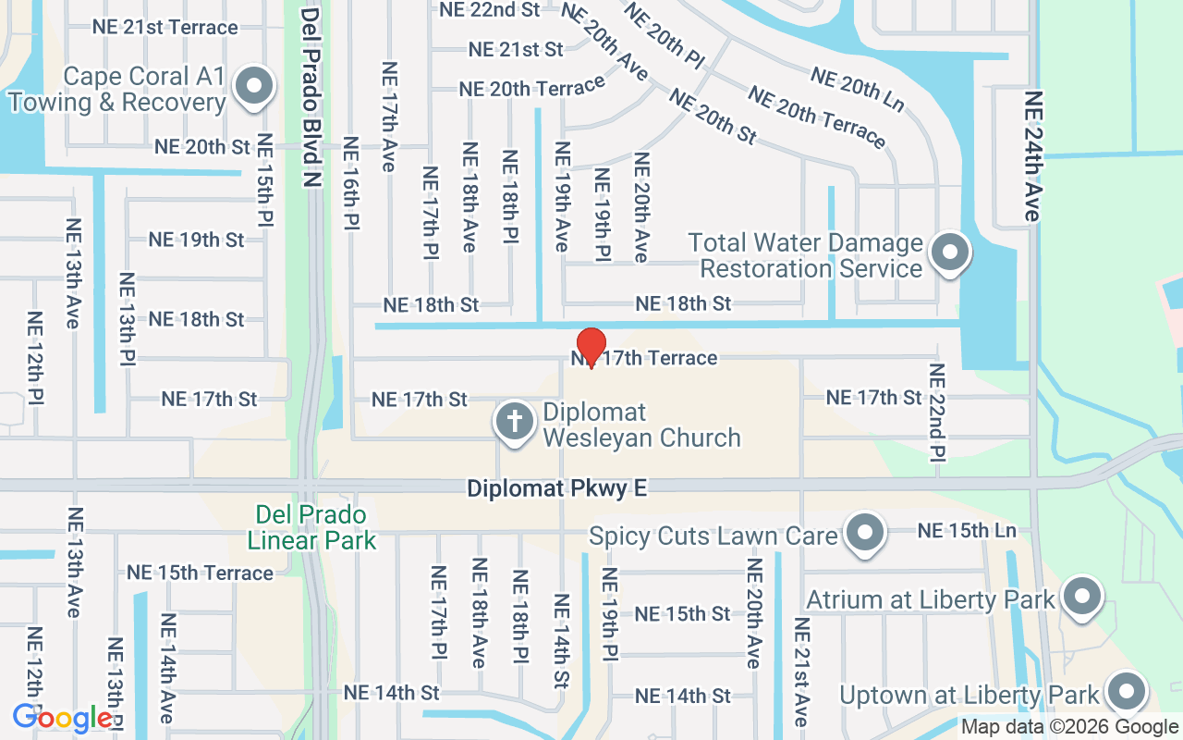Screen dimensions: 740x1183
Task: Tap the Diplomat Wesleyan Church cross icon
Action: tap(515, 423)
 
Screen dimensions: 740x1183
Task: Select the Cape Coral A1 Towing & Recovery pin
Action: tap(253, 88)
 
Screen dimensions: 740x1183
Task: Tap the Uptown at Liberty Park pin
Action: tap(1126, 693)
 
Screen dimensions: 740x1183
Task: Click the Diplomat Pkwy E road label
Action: tap(556, 487)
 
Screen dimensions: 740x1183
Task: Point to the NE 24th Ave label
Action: tap(1033, 155)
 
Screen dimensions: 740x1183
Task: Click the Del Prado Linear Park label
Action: tap(311, 527)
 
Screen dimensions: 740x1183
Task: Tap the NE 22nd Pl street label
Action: tap(937, 412)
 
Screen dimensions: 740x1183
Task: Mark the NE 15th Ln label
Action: tap(966, 531)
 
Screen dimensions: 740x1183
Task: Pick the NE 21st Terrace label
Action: tap(165, 27)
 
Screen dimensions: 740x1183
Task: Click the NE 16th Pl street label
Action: tap(350, 182)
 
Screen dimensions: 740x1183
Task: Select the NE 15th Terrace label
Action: tap(200, 573)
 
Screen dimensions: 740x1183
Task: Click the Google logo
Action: tap(62, 718)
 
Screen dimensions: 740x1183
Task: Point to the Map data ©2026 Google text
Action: tap(1069, 727)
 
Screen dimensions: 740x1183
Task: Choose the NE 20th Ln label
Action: tap(856, 90)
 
